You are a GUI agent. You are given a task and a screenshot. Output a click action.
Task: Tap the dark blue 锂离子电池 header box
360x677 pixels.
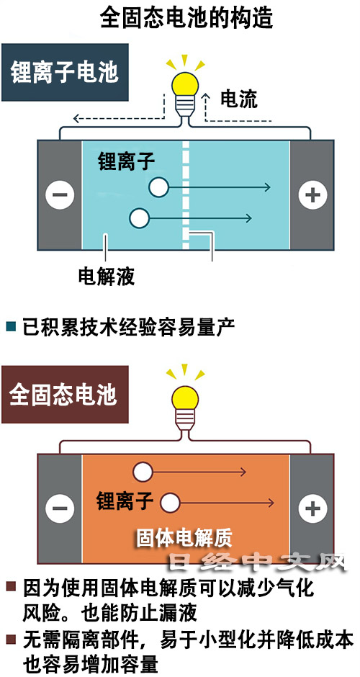(66, 72)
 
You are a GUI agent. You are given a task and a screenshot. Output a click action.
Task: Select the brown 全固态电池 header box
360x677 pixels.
(66, 394)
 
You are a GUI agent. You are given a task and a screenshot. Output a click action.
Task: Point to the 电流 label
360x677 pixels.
(239, 99)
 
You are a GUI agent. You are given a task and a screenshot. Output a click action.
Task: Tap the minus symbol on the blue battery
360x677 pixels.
(60, 194)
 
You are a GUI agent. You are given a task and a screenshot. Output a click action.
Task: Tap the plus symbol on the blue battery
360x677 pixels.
(312, 194)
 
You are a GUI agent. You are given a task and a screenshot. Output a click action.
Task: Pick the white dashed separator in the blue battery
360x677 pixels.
(186, 194)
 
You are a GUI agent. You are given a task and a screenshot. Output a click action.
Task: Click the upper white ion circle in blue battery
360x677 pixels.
(158, 187)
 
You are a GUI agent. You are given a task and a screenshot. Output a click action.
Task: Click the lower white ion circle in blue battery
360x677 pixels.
(140, 218)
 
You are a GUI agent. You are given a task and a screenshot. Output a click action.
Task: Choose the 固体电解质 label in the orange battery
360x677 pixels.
(184, 537)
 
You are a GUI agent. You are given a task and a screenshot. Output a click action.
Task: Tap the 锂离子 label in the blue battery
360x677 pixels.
(127, 161)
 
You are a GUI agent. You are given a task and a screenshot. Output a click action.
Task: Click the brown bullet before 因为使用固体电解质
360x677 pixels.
(12, 587)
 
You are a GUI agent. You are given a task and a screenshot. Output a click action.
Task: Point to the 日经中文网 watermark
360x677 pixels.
(257, 561)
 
